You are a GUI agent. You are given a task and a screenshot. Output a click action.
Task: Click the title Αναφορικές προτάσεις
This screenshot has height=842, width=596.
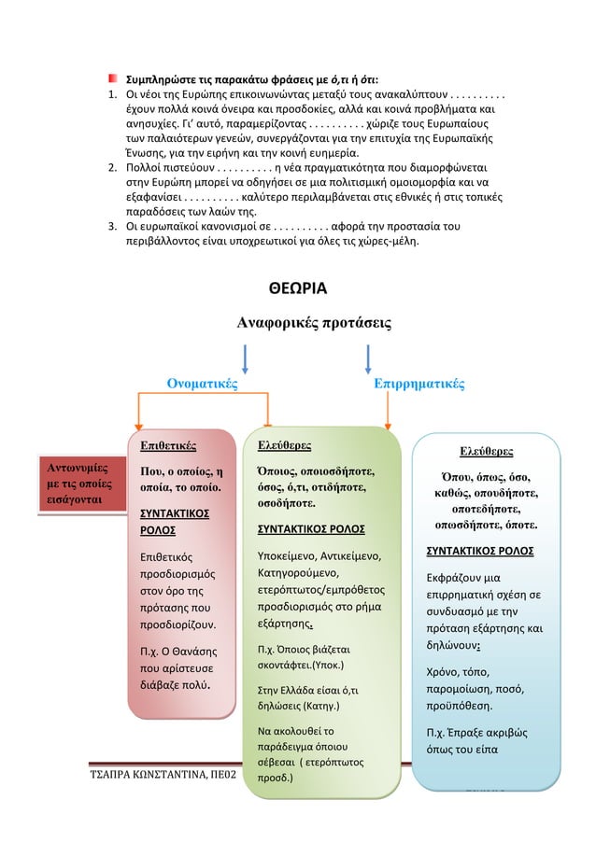[302, 323]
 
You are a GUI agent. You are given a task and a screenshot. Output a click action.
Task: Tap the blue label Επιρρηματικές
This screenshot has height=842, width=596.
[419, 383]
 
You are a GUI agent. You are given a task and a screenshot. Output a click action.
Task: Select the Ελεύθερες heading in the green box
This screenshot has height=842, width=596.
[285, 445]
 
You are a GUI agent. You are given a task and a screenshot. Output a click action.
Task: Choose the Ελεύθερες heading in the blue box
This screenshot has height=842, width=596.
[486, 453]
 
